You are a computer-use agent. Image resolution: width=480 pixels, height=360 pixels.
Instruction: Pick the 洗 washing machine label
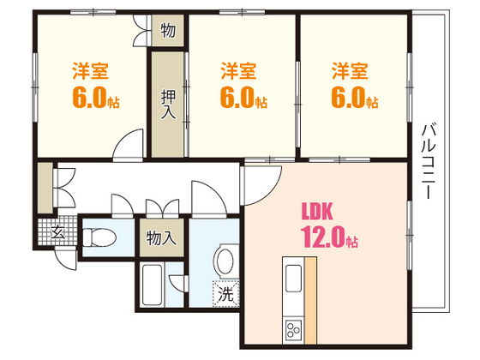[x=225, y=292]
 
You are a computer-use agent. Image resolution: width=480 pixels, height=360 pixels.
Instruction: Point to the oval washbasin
[x=226, y=261]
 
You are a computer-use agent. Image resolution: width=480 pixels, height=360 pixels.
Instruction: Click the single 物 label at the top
[x=168, y=33]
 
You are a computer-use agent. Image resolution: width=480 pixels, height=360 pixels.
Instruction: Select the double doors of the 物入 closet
[x=162, y=208]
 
